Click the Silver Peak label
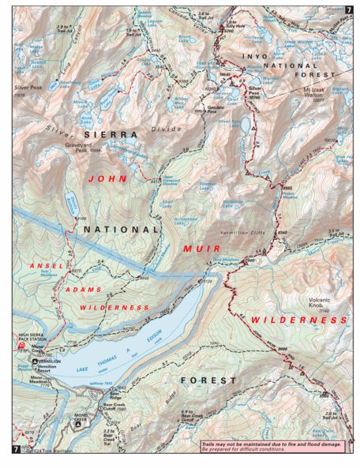pyautogui.click(x=26, y=89)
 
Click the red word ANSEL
pyautogui.click(x=45, y=266)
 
